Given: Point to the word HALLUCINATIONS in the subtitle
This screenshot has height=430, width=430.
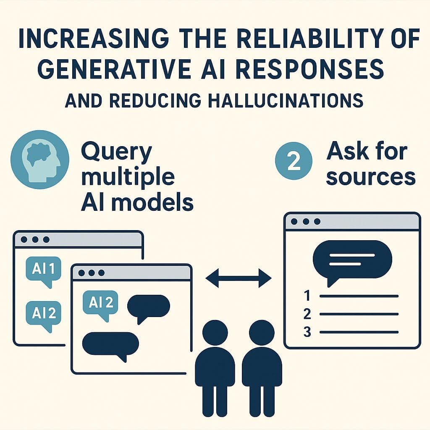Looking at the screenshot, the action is [x=286, y=100].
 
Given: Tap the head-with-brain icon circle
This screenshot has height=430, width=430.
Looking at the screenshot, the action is [x=40, y=160].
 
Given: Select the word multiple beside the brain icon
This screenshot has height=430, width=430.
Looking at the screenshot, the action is [x=128, y=177].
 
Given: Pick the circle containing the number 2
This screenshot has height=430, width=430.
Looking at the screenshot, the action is [x=294, y=161].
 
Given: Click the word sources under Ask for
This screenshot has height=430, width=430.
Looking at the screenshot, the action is [x=371, y=177].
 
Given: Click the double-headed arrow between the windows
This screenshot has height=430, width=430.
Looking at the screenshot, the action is [x=239, y=278].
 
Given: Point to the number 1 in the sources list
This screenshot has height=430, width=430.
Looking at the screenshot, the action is [x=307, y=296].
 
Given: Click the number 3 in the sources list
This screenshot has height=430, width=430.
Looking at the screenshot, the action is [x=307, y=332].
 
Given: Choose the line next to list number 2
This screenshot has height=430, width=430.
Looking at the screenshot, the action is [x=359, y=314].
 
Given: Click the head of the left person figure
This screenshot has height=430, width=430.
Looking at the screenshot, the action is [x=215, y=333].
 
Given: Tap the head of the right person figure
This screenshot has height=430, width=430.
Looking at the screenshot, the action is [x=262, y=333].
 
